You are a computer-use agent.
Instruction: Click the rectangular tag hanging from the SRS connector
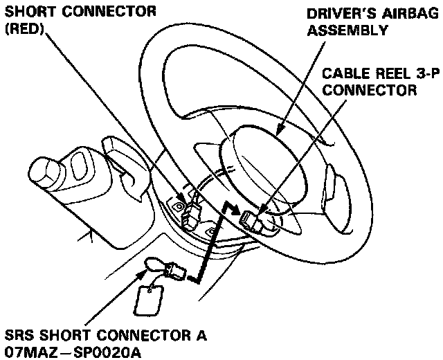tap(150, 300)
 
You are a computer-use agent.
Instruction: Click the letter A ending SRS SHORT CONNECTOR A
tap(201, 336)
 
